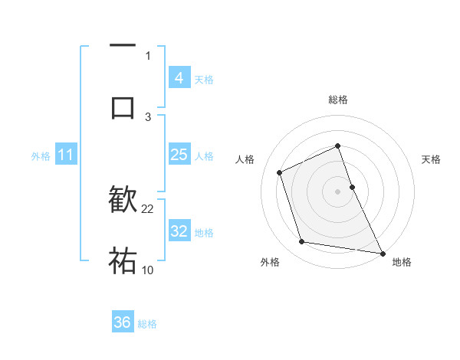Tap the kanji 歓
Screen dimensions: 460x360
pos(123,201)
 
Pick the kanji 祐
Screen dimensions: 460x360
pos(123,261)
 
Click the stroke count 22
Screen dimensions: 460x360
pos(148,208)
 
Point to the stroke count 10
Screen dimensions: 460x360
pos(148,269)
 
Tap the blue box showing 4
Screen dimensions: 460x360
pos(179,77)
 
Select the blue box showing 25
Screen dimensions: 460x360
pos(179,155)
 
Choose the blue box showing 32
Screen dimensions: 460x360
pos(179,231)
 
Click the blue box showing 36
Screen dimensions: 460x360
pos(123,322)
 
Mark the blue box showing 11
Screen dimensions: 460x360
pos(65,155)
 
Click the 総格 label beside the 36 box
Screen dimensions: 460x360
pos(147,324)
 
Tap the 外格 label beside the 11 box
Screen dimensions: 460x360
pos(41,156)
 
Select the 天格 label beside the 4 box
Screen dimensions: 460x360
pos(204,79)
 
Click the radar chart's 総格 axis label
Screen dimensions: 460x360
pos(338,100)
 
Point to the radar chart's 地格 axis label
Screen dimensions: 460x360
pos(402,262)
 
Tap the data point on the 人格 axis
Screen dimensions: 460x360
pos(281,172)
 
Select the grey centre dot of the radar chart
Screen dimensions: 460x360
pos(338,191)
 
